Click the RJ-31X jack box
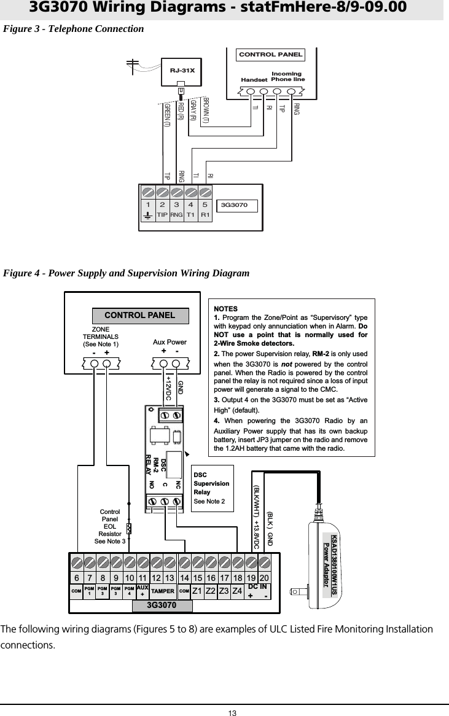pyautogui.click(x=181, y=70)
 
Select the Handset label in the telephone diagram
pyautogui.click(x=254, y=80)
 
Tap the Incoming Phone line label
pyautogui.click(x=287, y=77)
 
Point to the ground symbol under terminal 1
pyautogui.click(x=147, y=216)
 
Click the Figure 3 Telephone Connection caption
pyautogui.click(x=74, y=29)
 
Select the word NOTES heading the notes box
pyautogui.click(x=225, y=307)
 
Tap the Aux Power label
pyautogui.click(x=169, y=341)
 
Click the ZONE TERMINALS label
pyautogui.click(x=101, y=337)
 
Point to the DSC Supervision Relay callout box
pyautogui.click(x=211, y=488)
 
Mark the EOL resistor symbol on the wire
pyautogui.click(x=129, y=529)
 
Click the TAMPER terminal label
pyautogui.click(x=162, y=591)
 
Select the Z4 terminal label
pyautogui.click(x=237, y=591)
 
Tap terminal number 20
pyautogui.click(x=264, y=578)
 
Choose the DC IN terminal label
pyautogui.click(x=257, y=588)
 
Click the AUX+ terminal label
pyautogui.click(x=143, y=591)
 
